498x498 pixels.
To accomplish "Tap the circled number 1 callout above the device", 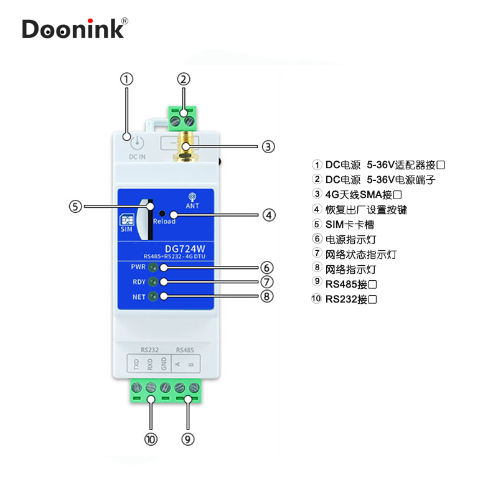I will coord(126,79).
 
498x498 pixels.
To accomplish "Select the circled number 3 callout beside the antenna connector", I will coord(267,147).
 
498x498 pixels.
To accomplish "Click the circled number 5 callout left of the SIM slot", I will coord(75,207).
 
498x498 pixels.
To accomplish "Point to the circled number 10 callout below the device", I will coord(151,439).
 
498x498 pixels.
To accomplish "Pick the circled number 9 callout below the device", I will coord(189,439).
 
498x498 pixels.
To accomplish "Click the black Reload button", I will coord(161,212).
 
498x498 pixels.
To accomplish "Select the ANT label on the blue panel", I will coord(192,205).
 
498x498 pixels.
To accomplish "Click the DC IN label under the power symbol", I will coord(137,157).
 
